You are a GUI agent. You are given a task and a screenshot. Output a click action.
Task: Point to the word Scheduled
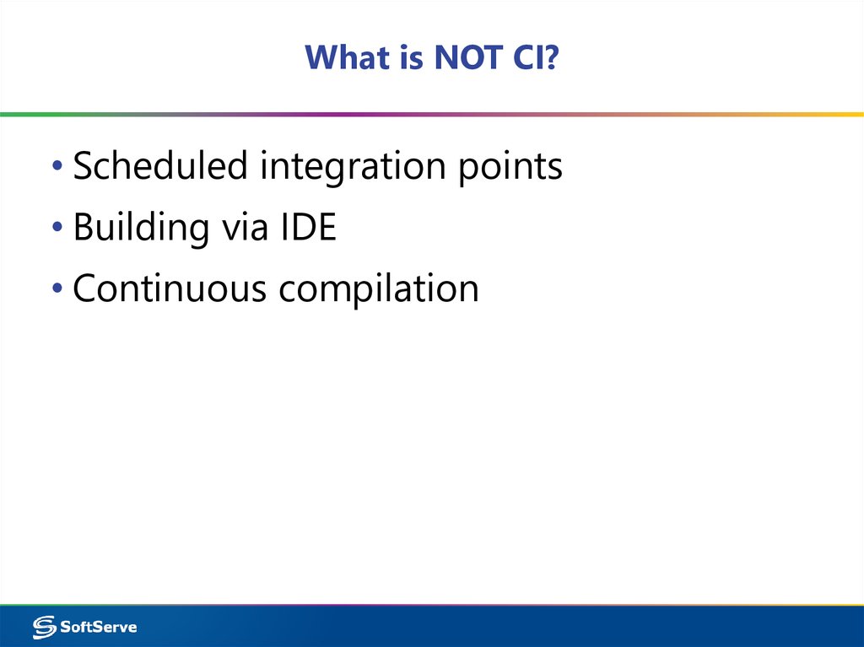click(x=160, y=166)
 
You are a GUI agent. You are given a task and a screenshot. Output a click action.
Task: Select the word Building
click(x=140, y=229)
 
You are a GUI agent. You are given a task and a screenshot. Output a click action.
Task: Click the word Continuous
click(x=170, y=288)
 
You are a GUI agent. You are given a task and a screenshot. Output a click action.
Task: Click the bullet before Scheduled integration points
click(x=57, y=167)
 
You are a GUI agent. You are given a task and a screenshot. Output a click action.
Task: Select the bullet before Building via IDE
click(x=57, y=229)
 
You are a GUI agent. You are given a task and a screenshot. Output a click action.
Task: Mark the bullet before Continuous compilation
click(x=57, y=289)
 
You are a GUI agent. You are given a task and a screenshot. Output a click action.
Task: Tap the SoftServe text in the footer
click(x=99, y=627)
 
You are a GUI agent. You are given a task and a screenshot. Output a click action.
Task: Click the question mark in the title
click(x=552, y=57)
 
